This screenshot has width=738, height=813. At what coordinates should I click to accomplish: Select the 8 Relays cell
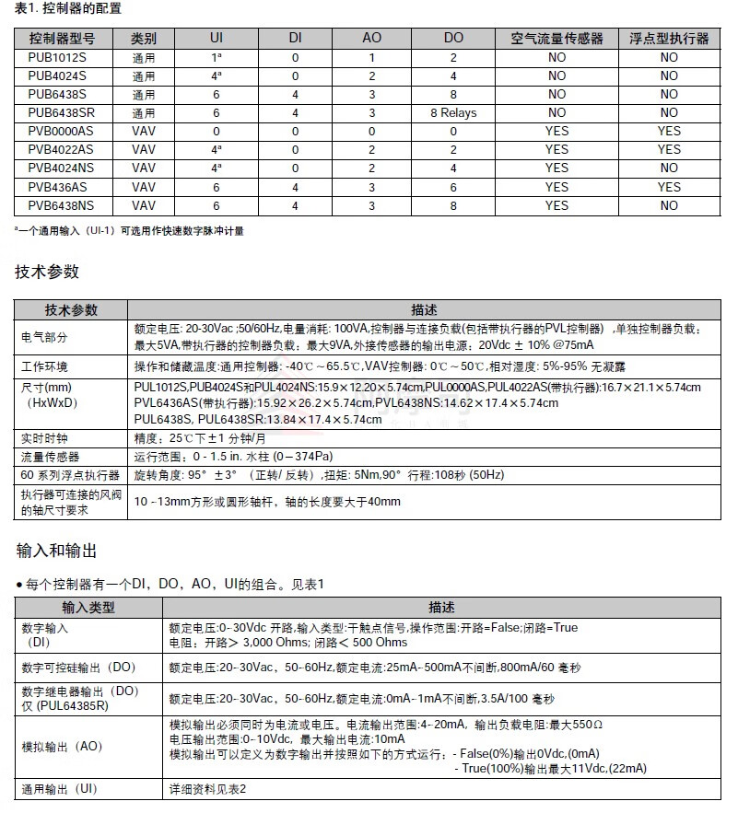click(x=453, y=113)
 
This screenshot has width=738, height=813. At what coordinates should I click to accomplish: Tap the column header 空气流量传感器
click(x=556, y=39)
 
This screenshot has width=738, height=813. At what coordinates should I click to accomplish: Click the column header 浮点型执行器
click(x=669, y=39)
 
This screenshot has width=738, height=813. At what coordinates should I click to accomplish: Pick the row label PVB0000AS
click(x=60, y=132)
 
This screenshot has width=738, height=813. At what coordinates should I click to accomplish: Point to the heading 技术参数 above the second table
click(x=47, y=272)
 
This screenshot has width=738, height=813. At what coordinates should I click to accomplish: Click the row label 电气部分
click(x=44, y=337)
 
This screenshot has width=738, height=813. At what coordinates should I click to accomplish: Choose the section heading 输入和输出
click(x=56, y=551)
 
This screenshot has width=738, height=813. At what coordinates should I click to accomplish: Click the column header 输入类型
click(x=88, y=608)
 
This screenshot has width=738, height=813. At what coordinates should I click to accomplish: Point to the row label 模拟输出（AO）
click(x=62, y=747)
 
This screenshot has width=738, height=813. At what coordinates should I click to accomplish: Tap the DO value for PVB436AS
click(x=453, y=188)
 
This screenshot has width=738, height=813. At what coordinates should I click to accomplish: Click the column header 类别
click(x=143, y=39)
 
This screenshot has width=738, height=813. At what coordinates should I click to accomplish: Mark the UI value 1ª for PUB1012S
click(x=217, y=57)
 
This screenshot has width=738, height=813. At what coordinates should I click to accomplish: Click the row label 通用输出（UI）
click(x=60, y=789)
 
